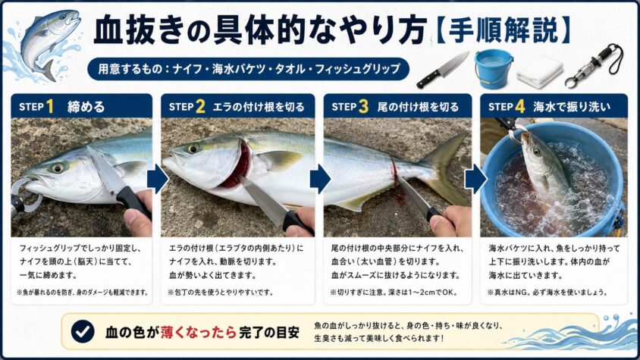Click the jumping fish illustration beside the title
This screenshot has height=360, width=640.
tap(47, 43)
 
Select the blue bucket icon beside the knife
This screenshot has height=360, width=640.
tap(494, 68)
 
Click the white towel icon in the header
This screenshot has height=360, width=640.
tap(540, 71)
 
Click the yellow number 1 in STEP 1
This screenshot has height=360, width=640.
tap(50, 107)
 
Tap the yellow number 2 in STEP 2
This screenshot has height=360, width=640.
tap(200, 107)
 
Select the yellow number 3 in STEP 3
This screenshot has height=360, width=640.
tap(363, 107)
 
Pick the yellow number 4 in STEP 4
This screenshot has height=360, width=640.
tap(519, 107)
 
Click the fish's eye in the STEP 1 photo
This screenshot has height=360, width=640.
tap(57, 167)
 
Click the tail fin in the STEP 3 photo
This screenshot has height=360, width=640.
tap(445, 169)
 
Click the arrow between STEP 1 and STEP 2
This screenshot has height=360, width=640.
tap(158, 179)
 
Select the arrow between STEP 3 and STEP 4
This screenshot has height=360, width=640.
tap(475, 179)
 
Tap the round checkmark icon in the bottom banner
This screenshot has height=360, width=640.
tap(83, 331)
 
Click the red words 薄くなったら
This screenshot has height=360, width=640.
tap(199, 332)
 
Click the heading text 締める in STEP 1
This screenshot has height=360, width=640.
tap(86, 108)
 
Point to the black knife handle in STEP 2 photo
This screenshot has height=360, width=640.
tap(298, 223)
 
